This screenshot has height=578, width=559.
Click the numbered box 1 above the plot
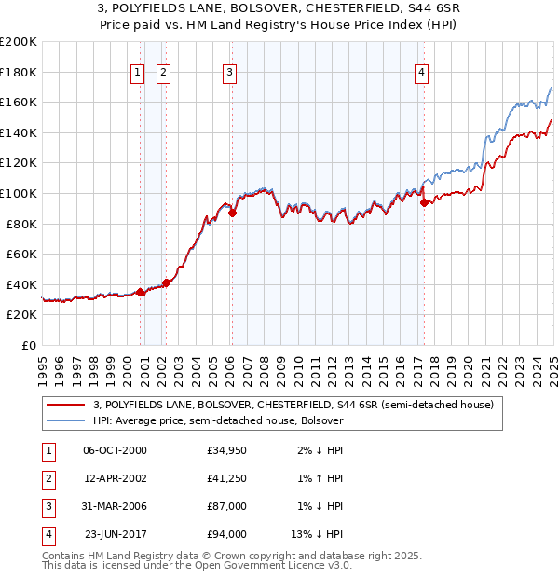coord(138,72)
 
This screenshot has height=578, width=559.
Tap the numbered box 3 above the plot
coord(229,72)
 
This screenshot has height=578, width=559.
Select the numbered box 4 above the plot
coord(421,72)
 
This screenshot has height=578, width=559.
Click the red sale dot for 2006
coord(233,213)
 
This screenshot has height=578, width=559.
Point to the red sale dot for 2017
coord(424,201)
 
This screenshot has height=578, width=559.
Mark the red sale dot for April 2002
coord(166,282)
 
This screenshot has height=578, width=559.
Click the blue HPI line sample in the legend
coord(65,420)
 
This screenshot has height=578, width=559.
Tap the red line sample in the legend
coord(65,405)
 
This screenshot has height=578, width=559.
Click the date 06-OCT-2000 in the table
coord(115,450)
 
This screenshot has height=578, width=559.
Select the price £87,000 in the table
coord(226,506)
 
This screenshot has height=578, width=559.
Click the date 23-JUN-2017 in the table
coord(115,534)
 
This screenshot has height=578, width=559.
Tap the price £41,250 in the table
coord(226,478)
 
